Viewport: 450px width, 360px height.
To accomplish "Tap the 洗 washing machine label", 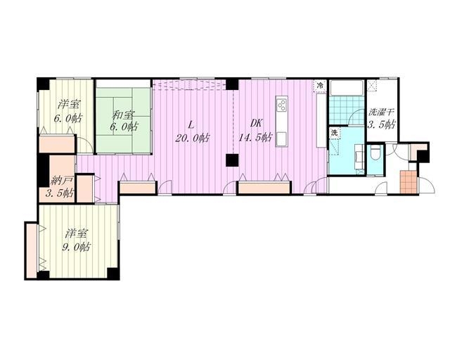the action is [x=334, y=133].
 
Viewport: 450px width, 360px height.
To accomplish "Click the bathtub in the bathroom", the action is [x=347, y=88].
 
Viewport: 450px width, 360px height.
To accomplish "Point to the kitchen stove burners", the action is [x=282, y=105].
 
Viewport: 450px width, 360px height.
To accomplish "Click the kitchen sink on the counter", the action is [x=282, y=139].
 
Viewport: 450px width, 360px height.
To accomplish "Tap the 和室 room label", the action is [x=123, y=115].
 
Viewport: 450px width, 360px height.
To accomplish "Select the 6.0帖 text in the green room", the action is [x=124, y=127].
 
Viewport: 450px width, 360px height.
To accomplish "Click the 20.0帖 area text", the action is [x=192, y=138].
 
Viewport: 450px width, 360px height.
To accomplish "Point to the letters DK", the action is [x=256, y=123].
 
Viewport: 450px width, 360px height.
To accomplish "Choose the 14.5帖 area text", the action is [x=255, y=138].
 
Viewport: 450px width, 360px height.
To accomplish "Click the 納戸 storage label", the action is [x=61, y=181].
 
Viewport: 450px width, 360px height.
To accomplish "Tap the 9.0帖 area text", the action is [x=76, y=246].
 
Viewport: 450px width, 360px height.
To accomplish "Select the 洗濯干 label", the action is [x=380, y=112].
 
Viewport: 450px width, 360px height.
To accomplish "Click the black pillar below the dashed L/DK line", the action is [x=232, y=160].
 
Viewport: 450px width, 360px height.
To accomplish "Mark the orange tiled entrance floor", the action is [x=408, y=181].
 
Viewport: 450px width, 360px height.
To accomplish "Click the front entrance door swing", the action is [x=427, y=186].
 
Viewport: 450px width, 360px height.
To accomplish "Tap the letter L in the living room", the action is [x=190, y=124].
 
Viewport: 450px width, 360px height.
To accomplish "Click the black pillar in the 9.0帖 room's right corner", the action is [x=112, y=274].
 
